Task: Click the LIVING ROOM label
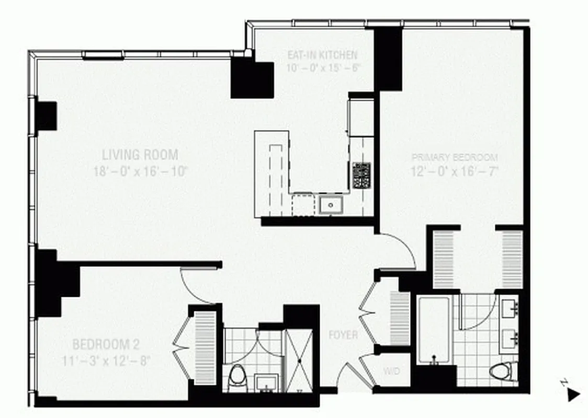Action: (140, 155)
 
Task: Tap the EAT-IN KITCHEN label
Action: (322, 54)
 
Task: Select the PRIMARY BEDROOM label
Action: (455, 157)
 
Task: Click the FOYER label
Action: (343, 335)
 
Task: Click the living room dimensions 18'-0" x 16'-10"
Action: (140, 171)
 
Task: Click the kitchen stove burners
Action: (361, 176)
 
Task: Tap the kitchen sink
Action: (331, 204)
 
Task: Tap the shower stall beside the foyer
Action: (299, 361)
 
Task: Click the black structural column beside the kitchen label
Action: (252, 78)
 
